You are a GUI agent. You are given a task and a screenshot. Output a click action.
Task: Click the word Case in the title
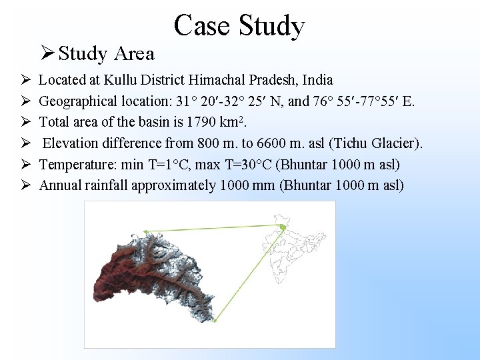point(203,26)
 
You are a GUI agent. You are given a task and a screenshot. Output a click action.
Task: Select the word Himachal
point(217,81)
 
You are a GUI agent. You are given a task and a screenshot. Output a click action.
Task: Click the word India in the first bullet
point(317,81)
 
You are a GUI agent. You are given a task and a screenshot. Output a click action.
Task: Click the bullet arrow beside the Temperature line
point(23,164)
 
